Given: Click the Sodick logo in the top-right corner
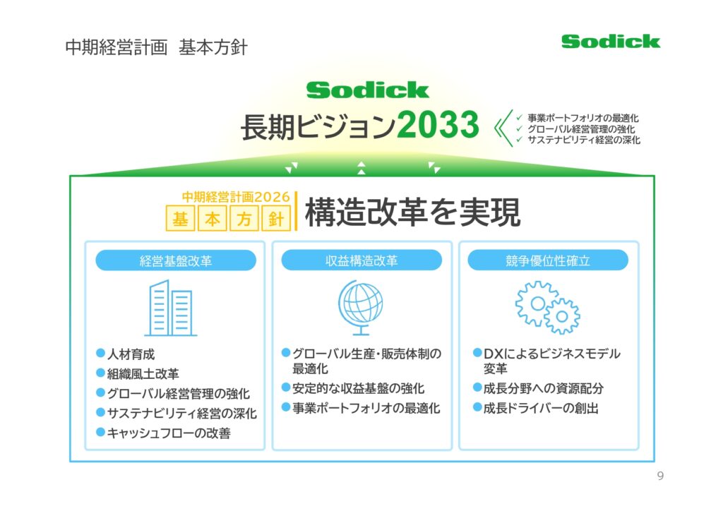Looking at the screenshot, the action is pos(611,42).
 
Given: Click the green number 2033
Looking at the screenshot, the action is pos(438,124).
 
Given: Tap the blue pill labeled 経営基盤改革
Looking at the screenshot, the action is pos(176,260).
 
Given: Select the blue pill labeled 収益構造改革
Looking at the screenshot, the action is pos(361,260).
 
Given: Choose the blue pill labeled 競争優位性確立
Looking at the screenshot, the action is pos(548,260).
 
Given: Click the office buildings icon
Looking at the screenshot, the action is pos(171,308).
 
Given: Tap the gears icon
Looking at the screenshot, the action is pos(547,307).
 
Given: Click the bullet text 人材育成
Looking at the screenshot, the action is pos(131,354).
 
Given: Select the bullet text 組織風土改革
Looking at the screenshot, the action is pos(143,373).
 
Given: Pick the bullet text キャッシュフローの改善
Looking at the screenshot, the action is pos(169,433).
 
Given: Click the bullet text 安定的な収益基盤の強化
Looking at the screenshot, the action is pos(358,388).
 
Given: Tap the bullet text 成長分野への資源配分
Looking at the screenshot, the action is pos(543,388).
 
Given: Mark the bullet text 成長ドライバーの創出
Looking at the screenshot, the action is pos(541,408).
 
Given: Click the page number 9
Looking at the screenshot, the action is pos(660,476).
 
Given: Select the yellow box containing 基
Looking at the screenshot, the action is pos(180,218).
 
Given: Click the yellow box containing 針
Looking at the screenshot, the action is pos(276,218).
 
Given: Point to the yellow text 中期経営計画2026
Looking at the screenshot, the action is pos(236,197).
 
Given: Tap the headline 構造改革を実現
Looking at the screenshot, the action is pos(412,212).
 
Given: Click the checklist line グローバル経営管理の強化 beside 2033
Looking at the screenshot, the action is pos(581,129).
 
